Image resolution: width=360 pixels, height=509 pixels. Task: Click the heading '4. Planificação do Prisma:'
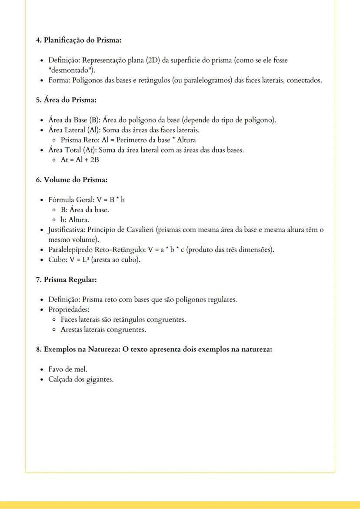click(x=78, y=40)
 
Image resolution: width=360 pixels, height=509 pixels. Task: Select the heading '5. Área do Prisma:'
click(x=66, y=100)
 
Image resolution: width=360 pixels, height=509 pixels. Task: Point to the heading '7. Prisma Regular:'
click(x=66, y=279)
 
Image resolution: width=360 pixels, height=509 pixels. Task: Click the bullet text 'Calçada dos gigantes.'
click(x=81, y=379)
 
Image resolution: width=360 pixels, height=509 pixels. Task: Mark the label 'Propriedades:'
click(x=68, y=309)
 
